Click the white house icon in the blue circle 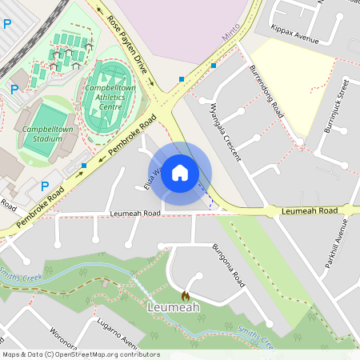point(180,173)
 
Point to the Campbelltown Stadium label point(42,133)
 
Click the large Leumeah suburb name point(173,306)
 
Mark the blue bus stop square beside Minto point(214,66)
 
